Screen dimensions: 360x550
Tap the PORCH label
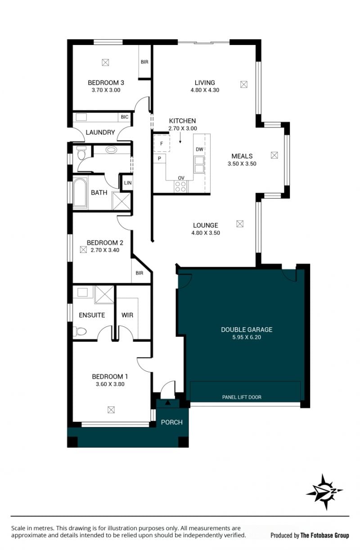(x=171, y=422)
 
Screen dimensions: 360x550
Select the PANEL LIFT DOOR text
(x=242, y=397)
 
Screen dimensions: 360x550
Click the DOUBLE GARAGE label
(x=247, y=329)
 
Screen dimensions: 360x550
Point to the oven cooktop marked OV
(x=181, y=186)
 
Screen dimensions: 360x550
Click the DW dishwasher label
(x=199, y=149)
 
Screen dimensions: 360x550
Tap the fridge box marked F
(x=162, y=144)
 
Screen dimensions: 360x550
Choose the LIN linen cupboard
(x=128, y=183)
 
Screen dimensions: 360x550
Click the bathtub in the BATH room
(x=80, y=193)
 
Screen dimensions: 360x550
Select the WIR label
(x=127, y=315)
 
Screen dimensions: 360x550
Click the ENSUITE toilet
(x=80, y=331)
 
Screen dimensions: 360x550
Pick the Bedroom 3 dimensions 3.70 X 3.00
(x=106, y=90)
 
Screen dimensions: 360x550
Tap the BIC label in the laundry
(x=125, y=117)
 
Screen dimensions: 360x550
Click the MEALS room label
(x=242, y=156)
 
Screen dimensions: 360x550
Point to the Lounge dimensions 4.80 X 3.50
(x=206, y=233)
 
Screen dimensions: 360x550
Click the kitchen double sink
(x=199, y=165)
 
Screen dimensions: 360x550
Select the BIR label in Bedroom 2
(x=139, y=273)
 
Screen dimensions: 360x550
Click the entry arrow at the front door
(x=167, y=402)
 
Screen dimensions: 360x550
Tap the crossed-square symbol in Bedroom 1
(x=111, y=410)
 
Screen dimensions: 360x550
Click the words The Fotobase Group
(x=324, y=535)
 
